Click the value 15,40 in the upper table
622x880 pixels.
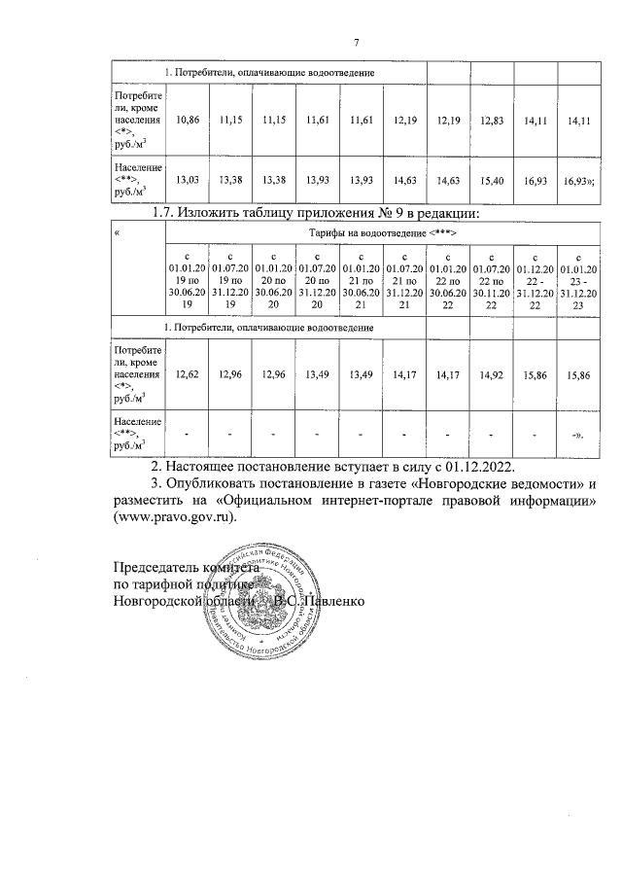[x=494, y=180]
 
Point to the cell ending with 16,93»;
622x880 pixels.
[x=579, y=180]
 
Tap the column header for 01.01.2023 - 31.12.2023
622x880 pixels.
[x=578, y=279]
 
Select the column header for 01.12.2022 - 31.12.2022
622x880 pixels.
[x=535, y=279]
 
